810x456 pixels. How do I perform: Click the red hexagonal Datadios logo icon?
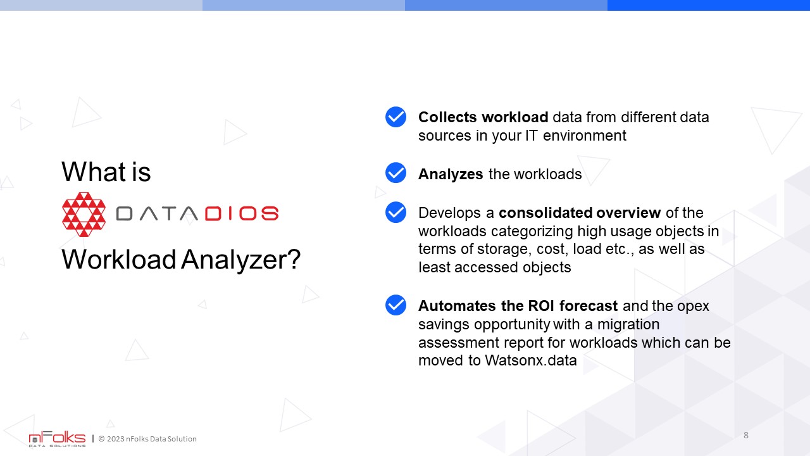[x=84, y=214]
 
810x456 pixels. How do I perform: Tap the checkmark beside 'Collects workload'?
[x=396, y=117]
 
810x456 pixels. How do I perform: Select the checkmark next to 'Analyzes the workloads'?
[x=396, y=173]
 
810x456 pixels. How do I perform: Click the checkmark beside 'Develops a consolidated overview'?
[x=396, y=212]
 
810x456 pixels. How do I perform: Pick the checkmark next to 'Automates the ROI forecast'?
[x=396, y=305]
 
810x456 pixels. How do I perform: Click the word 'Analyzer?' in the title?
[x=241, y=260]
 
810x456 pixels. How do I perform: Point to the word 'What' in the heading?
[x=94, y=172]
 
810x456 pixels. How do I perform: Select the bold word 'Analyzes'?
[x=451, y=174]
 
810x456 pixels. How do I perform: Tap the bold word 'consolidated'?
[x=545, y=213]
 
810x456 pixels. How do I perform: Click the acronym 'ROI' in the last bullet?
[x=541, y=306]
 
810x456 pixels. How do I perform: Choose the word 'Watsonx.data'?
[x=531, y=360]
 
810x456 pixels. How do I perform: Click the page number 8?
[x=745, y=435]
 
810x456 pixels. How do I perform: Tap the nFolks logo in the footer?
[x=57, y=439]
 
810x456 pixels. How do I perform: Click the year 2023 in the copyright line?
[x=115, y=439]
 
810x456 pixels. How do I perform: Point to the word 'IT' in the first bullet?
[x=532, y=136]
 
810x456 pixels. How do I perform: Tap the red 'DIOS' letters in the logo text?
[x=242, y=213]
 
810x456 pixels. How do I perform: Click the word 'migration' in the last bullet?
[x=628, y=325]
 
